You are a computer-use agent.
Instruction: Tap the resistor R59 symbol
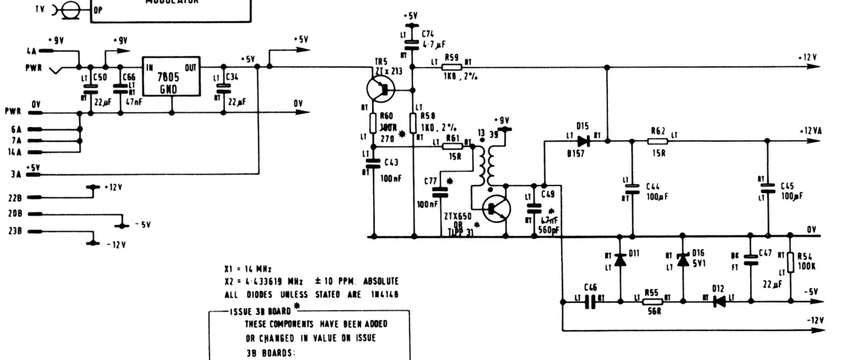coord(451,68)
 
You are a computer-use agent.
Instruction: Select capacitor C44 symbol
coord(632,189)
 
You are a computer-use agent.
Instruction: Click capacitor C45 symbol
coord(769,189)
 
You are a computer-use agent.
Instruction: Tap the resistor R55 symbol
coord(651,302)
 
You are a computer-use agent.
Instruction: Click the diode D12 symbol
coord(720,302)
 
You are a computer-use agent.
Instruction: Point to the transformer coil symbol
coord(484,167)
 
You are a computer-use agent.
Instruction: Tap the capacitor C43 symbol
coord(374,163)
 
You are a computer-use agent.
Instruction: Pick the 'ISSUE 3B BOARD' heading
coord(260,311)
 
